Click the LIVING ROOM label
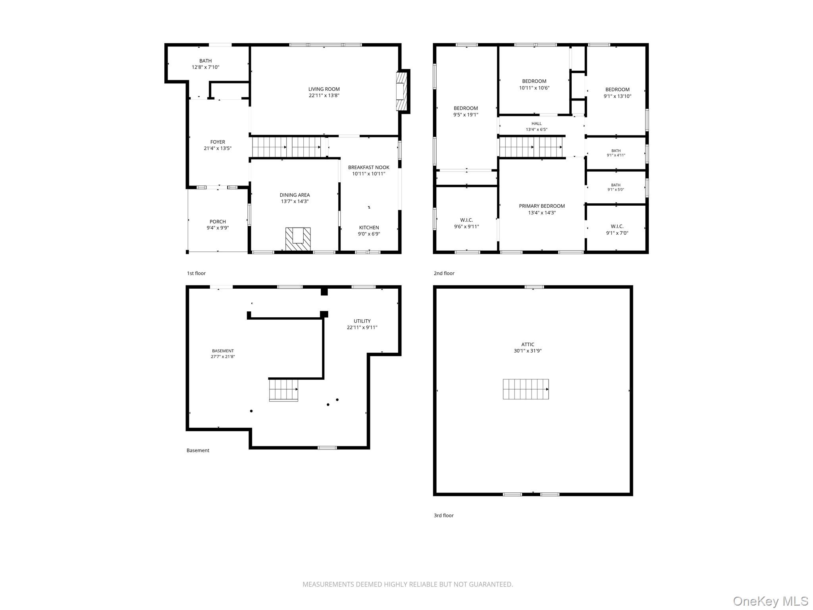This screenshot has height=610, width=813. pos(324,89)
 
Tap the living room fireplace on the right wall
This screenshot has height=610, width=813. pos(402,91)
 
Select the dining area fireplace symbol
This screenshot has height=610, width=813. pos(298,239)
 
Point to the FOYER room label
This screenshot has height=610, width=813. pos(218,142)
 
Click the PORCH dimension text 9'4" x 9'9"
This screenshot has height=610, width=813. pos(218,228)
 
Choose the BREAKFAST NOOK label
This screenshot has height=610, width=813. pos(369,167)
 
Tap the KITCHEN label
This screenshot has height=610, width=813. pos(369,228)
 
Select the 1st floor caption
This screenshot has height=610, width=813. pos(196,273)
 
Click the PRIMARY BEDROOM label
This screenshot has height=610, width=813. pos(542,206)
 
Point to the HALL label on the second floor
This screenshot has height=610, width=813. pos(536,124)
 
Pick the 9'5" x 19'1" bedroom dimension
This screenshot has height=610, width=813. pos(466,115)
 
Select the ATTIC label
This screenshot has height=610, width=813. pos(528,344)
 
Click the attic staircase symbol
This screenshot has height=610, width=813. pos(526,389)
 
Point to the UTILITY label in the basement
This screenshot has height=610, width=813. pos(362,321)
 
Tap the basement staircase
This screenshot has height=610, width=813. pos(283,390)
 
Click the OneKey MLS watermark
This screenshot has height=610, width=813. pos(771,601)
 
